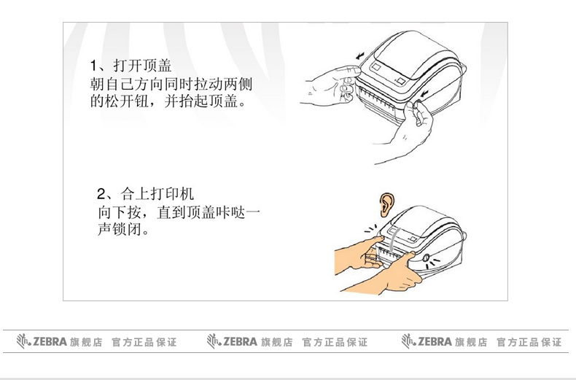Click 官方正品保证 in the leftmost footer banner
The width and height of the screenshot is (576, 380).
144,341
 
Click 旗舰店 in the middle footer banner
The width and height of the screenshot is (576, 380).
276,341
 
